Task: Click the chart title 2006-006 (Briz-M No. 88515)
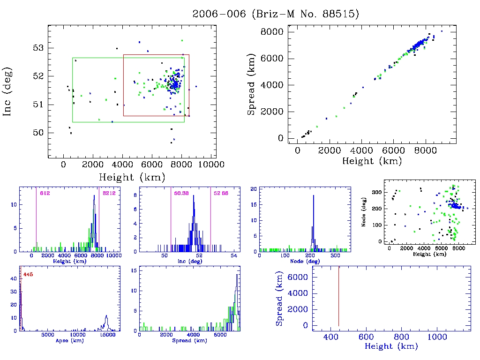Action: (x=276, y=14)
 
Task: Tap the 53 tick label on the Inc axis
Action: (x=38, y=48)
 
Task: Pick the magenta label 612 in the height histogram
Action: (x=45, y=193)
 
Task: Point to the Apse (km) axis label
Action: (x=65, y=341)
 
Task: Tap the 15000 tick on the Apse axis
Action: (x=108, y=335)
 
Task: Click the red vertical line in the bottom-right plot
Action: (x=338, y=295)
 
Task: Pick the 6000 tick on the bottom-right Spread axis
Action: (x=300, y=277)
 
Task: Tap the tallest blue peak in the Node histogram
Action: (x=313, y=195)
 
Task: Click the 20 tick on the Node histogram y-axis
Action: (x=254, y=188)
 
